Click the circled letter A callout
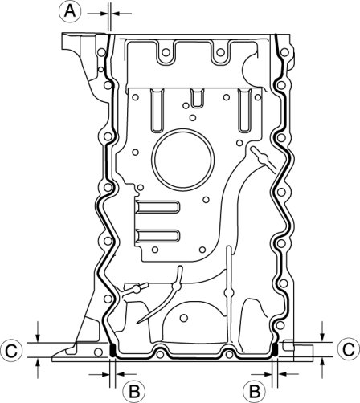click(70, 12)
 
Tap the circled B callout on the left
click(134, 392)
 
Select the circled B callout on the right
click(255, 392)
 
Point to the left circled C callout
click(11, 350)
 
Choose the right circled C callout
click(349, 348)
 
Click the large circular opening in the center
click(183, 160)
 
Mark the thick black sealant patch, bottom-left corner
click(112, 350)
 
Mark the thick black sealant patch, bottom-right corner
click(275, 350)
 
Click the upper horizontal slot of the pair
click(157, 207)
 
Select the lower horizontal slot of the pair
click(157, 236)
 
